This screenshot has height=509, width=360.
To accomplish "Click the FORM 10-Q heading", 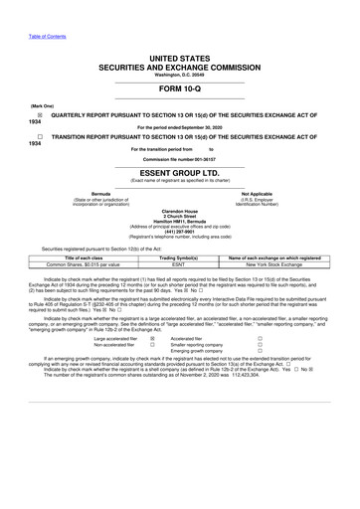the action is tap(180, 85).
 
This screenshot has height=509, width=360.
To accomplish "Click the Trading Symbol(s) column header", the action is tap(179, 256).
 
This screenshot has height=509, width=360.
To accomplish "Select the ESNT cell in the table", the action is tap(179, 263).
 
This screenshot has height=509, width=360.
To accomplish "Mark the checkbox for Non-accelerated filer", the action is tap(151, 344).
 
